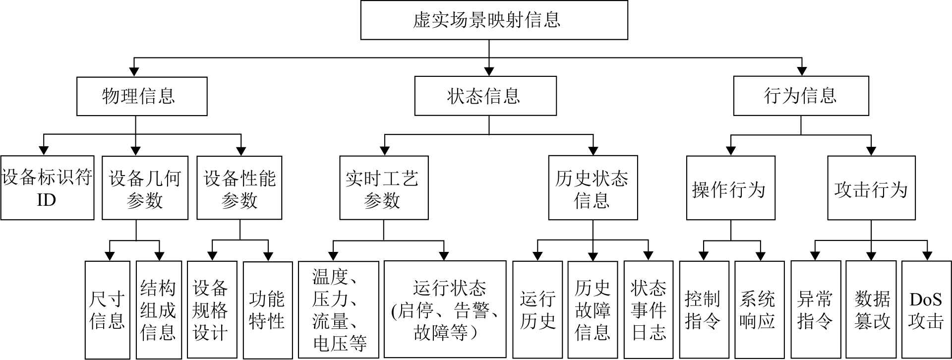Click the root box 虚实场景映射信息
pos(494,20)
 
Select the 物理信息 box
pos(142,96)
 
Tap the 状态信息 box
pos(485,96)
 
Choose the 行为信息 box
pos(801,96)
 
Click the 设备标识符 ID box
pos(47,188)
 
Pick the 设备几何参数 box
pos(145,188)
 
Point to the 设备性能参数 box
pos(239,188)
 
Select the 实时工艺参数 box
pos(384,188)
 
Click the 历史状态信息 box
pos(593,188)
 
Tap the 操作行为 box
pos(730,188)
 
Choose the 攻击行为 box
pos(871,188)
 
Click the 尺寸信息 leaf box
pos(107,310)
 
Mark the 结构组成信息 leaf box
pos(159,310)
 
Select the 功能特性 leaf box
pos(268,310)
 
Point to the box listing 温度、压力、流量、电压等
pos(339,310)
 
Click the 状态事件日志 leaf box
pos(648,310)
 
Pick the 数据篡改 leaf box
pos(871,310)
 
